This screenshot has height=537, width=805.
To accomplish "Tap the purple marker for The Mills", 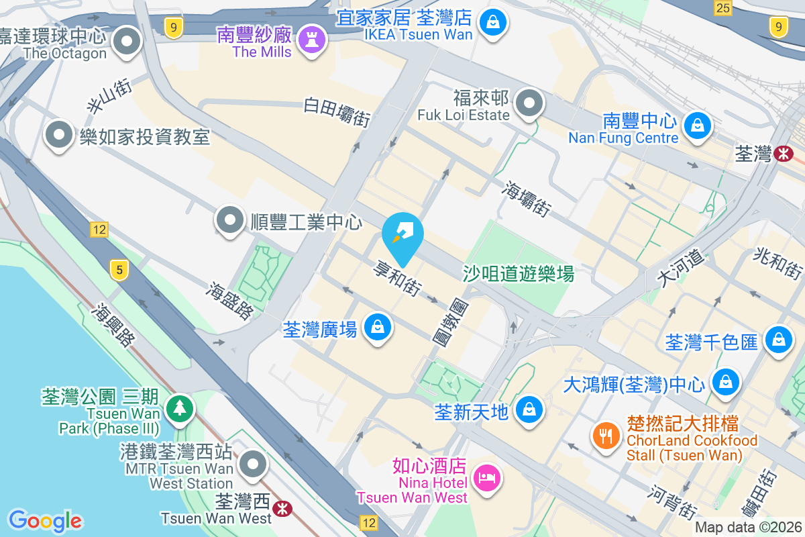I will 312,38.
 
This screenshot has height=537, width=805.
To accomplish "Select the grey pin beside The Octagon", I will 126,42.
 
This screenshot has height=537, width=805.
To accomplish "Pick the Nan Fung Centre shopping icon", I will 698,125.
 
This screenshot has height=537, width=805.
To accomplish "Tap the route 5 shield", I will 119,271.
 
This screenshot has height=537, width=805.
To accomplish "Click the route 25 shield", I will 722,8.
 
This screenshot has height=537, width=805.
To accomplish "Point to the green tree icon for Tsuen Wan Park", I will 178,408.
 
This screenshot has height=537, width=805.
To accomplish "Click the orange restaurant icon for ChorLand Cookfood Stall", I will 606,436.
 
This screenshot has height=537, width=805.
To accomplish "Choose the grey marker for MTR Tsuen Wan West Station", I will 253,463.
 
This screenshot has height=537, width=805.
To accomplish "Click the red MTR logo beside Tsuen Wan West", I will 283,508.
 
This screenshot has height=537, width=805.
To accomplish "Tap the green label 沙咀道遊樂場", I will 519,273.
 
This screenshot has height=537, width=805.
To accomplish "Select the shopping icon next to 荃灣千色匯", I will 778,338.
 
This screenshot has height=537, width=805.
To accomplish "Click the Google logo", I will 45,521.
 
